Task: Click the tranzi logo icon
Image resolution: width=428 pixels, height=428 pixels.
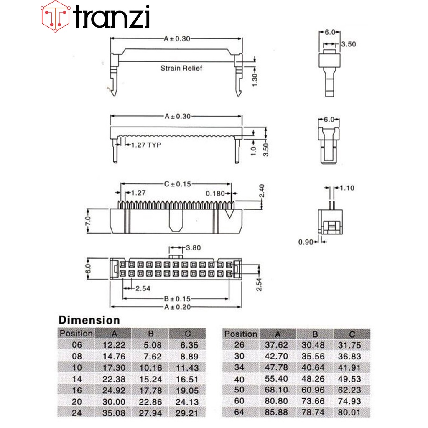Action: point(56,16)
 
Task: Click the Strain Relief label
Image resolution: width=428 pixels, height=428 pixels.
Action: point(181,68)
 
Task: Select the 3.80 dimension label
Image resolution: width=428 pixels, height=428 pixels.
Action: point(193,248)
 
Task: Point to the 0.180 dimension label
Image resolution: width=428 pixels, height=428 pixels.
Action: point(215,194)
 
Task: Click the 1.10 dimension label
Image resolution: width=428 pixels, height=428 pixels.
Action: point(347,188)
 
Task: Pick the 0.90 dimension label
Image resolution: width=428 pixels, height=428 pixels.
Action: point(306,242)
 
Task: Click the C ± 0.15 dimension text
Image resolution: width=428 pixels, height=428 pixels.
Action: point(177,184)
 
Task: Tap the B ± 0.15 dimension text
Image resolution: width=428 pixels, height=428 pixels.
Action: point(177,299)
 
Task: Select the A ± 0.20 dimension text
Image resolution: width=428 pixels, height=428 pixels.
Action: point(177,307)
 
